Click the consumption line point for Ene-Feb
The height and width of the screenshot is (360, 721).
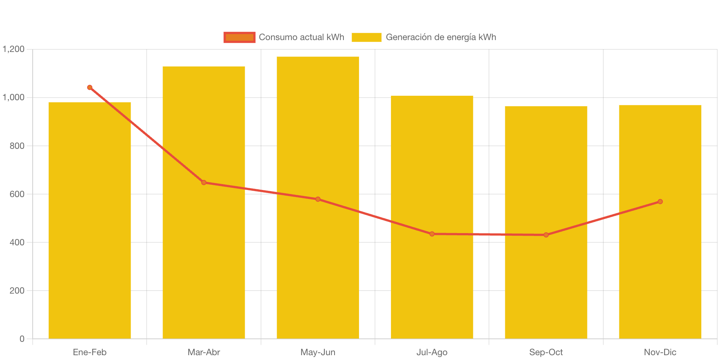pos(89,88)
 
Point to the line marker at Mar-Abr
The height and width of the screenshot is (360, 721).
pos(203,183)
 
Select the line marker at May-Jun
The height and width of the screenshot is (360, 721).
pos(318,199)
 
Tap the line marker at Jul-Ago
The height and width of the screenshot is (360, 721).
pos(432,234)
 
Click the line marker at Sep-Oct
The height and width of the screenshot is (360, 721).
pos(546,235)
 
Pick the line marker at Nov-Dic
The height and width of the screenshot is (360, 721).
pos(660,202)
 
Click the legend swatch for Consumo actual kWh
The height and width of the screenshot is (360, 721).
pos(239,37)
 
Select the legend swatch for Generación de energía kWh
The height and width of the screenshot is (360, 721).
pos(366,37)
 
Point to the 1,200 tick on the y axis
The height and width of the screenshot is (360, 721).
pos(14,49)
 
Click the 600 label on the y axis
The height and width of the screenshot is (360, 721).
pos(17,194)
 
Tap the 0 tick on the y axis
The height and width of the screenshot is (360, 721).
pos(22,339)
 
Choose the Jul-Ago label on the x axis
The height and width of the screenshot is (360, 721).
pos(432,352)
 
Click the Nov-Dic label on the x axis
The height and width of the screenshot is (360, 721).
pos(660,352)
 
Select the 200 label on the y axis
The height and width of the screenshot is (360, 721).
pos(17,291)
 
